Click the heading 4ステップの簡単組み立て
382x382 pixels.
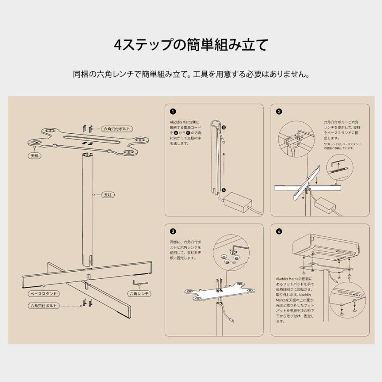[x=191, y=45]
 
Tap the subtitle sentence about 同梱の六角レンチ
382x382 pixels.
[x=191, y=74]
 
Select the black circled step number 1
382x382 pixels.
[x=172, y=112]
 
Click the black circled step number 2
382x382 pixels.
[x=279, y=112]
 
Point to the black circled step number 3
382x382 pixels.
[x=172, y=232]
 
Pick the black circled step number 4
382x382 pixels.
[x=279, y=232]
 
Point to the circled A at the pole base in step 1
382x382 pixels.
[x=224, y=191]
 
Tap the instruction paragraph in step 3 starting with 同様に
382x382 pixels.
[x=185, y=250]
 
